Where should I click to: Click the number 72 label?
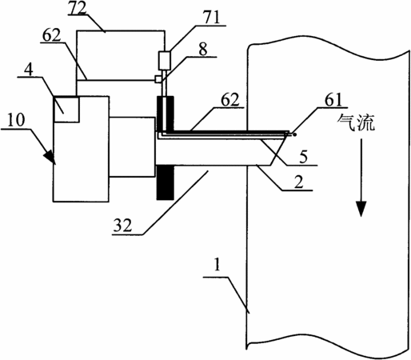(78, 8)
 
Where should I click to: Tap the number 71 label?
(212, 18)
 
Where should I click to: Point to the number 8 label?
(203, 49)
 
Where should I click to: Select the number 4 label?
(29, 70)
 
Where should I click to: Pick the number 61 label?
(333, 100)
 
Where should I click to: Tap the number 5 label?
(304, 157)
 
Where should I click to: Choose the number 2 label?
(298, 182)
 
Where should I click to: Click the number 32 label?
(123, 226)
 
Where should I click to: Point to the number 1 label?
(217, 266)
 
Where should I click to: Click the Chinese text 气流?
(356, 122)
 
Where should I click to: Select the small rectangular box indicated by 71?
(165, 61)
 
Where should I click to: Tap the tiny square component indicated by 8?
(158, 79)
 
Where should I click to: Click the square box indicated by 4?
(66, 110)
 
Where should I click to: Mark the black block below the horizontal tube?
(166, 182)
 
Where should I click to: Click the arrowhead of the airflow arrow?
(361, 209)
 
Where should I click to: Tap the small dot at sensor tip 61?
(294, 134)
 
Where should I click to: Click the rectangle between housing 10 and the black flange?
(132, 147)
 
